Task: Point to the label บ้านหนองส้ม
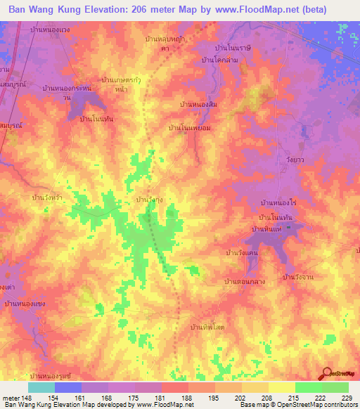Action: point(199,104)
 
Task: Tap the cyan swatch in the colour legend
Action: point(41,387)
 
